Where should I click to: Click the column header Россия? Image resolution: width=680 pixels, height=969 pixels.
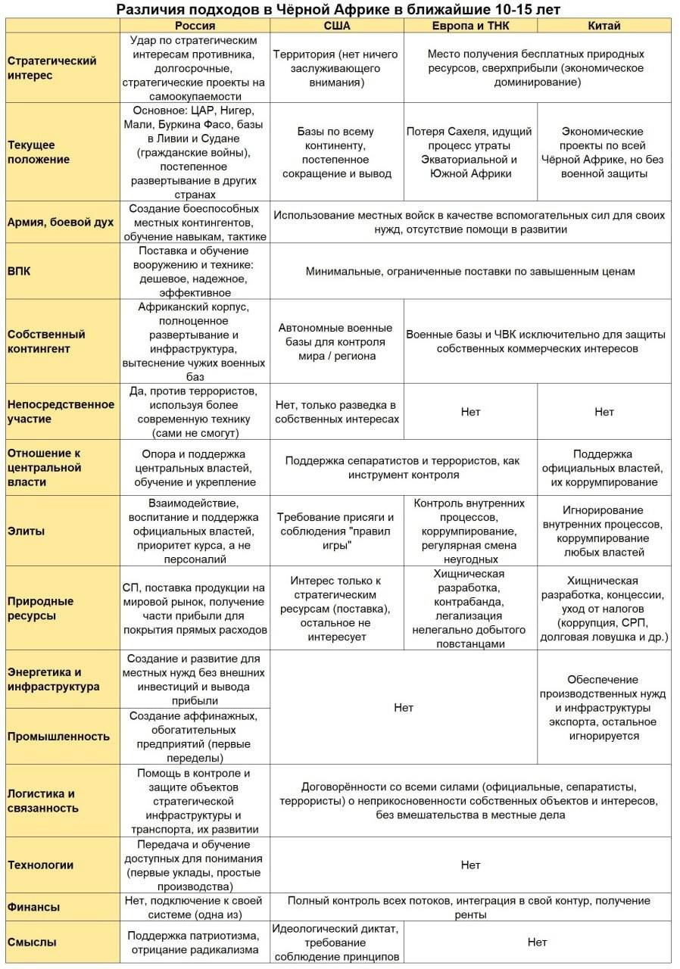[x=195, y=26]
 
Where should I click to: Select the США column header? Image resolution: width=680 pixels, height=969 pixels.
[x=336, y=26]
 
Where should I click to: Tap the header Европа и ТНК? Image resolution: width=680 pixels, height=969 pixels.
[x=470, y=26]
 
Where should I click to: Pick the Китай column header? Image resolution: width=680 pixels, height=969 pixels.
[x=604, y=26]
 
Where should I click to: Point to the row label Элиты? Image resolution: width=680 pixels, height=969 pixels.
[x=26, y=531]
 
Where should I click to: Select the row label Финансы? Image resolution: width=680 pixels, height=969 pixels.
[x=33, y=907]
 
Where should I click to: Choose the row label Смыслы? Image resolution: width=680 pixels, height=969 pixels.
[x=31, y=943]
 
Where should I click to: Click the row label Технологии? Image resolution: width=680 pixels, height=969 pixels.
[x=40, y=865]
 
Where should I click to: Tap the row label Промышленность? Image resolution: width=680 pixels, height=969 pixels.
[x=58, y=736]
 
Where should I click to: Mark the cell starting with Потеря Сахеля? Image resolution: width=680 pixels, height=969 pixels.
[x=470, y=152]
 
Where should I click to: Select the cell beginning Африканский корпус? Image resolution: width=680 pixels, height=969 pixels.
[x=195, y=341]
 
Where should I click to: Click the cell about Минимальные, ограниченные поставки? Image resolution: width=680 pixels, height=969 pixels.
[x=470, y=271]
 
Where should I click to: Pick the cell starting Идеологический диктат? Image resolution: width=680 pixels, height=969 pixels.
[x=336, y=943]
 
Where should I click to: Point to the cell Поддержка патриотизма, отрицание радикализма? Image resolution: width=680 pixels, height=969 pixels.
[x=195, y=943]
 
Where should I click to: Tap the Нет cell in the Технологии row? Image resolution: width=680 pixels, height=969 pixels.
[x=470, y=865]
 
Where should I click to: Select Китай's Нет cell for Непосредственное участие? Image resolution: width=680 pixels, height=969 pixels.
[x=604, y=412]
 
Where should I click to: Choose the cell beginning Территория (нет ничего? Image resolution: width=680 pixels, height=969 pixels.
[x=336, y=68]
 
